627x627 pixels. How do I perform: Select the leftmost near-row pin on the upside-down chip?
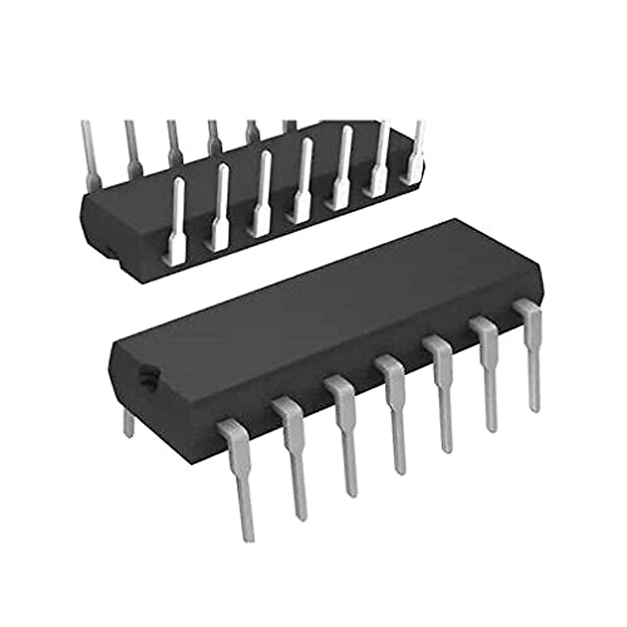(x=176, y=219)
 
